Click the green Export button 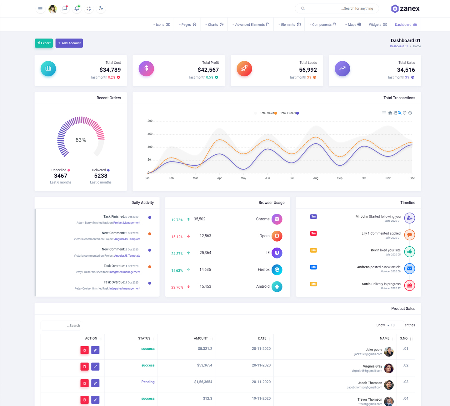(44, 43)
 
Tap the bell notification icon (77, 8)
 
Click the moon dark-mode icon (101, 8)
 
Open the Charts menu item (214, 25)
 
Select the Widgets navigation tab (377, 25)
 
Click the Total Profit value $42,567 (208, 70)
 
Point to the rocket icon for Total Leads (244, 69)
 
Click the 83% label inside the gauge (81, 140)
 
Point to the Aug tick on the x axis (316, 178)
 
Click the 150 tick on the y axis (150, 134)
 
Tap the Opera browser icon (277, 236)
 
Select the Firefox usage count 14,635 (205, 270)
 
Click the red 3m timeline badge (313, 233)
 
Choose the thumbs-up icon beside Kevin (409, 252)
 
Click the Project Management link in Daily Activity (127, 223)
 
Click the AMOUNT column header (201, 338)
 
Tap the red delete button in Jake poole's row (84, 350)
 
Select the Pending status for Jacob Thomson (148, 382)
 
